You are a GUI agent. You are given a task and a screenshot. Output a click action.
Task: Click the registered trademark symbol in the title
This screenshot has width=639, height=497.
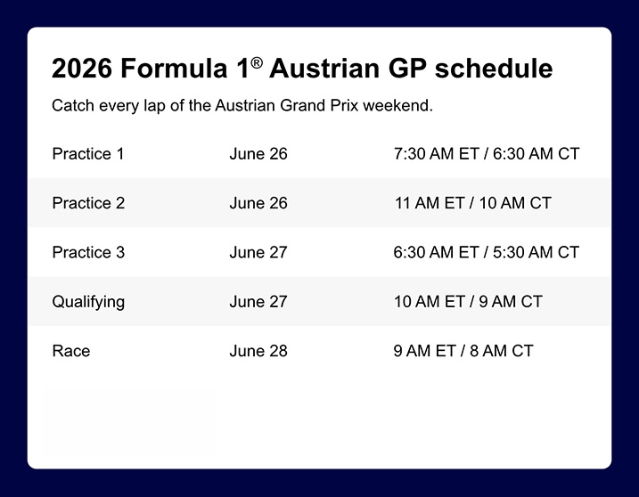[x=257, y=62]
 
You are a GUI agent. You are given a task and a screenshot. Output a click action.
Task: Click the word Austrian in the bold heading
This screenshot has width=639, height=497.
[x=325, y=68]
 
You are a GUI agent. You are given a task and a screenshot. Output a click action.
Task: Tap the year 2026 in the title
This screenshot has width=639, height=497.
[x=81, y=68]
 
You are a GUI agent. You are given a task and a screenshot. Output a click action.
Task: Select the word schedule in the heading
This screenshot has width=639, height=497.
[x=494, y=68]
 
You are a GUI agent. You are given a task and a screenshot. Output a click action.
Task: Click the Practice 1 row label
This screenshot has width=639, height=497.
[x=88, y=154]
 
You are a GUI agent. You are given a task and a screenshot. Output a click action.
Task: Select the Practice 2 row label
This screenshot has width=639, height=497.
[x=88, y=203]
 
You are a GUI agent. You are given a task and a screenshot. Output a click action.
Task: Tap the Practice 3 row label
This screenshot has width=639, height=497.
[x=88, y=253]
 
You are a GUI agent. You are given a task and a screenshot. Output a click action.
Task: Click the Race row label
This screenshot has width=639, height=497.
[x=71, y=351]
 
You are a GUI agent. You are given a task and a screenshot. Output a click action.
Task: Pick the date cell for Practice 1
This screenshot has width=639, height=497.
[x=258, y=154]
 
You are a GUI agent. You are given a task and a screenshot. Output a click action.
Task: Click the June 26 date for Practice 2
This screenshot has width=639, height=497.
[x=258, y=203]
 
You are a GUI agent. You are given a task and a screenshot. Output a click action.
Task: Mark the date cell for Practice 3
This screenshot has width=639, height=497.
[x=258, y=253]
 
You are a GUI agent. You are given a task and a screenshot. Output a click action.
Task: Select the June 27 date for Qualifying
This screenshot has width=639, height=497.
[x=258, y=302]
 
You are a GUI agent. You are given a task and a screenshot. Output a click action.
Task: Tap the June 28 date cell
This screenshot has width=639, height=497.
[x=258, y=351]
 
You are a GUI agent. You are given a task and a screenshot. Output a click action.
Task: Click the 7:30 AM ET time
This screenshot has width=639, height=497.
[x=436, y=154]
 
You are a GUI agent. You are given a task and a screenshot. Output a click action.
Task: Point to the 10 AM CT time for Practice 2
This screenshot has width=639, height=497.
[x=515, y=203]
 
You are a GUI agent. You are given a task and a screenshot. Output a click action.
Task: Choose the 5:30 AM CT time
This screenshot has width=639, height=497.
[x=536, y=253]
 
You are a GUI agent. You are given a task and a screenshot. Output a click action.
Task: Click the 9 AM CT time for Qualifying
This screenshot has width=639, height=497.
[x=511, y=302]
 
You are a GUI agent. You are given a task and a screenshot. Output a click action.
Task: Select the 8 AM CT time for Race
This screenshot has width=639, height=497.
[x=501, y=351]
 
